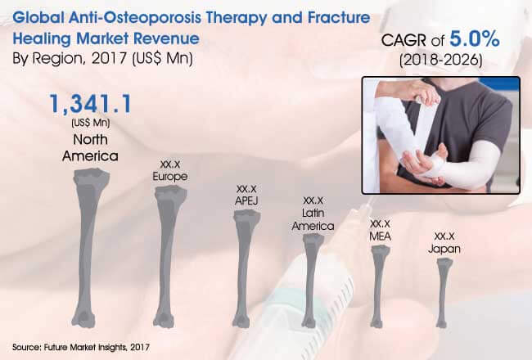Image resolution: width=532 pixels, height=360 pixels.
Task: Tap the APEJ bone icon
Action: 244,268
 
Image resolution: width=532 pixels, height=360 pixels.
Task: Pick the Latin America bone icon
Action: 311,281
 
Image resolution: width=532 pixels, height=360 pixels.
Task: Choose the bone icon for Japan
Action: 442,293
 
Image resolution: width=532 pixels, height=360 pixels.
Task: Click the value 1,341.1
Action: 90,104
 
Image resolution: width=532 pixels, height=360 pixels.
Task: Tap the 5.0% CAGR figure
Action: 475,38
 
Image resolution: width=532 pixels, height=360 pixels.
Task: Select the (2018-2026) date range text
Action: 440,60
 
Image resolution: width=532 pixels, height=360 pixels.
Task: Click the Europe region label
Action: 170,177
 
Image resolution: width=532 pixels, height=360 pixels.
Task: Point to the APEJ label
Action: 246,200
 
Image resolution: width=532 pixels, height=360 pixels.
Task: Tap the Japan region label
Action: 444,249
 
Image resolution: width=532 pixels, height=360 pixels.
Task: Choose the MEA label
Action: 381,236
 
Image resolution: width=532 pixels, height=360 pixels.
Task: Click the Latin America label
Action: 313,219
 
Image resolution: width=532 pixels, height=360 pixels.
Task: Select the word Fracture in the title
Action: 339,17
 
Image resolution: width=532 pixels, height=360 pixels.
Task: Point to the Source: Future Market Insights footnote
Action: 81,347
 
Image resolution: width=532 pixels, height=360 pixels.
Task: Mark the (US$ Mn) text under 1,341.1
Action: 91,123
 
